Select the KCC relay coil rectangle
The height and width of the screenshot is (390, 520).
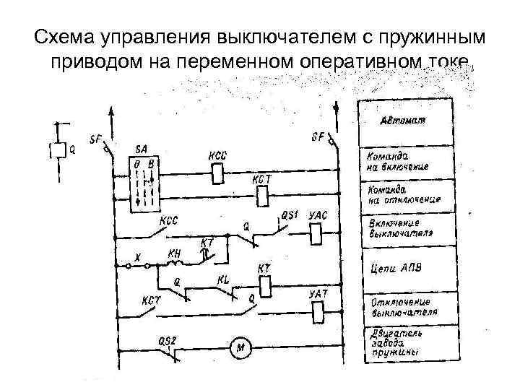(x=217, y=173)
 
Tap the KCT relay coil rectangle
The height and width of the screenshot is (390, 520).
(x=262, y=194)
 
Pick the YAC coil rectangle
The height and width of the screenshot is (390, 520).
(x=316, y=233)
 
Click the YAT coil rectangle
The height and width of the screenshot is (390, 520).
(x=318, y=311)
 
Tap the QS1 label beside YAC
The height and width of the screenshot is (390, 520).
(x=289, y=214)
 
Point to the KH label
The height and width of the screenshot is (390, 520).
(x=174, y=253)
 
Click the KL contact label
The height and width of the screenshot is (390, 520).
(x=224, y=279)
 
